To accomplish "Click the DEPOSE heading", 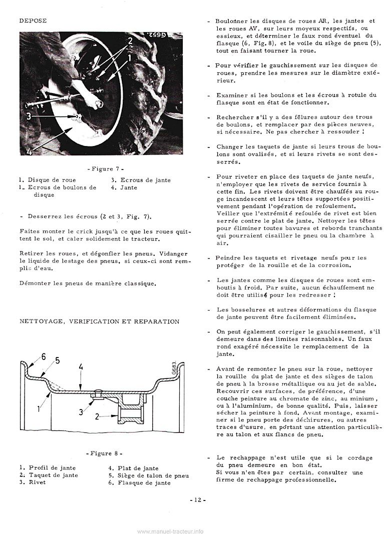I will pos(33,20).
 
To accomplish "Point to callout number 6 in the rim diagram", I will pos(43,356).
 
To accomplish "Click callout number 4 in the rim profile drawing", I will pos(80,367).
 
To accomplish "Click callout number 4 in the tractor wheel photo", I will pos(29,150).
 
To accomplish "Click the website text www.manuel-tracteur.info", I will pos(170,531).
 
